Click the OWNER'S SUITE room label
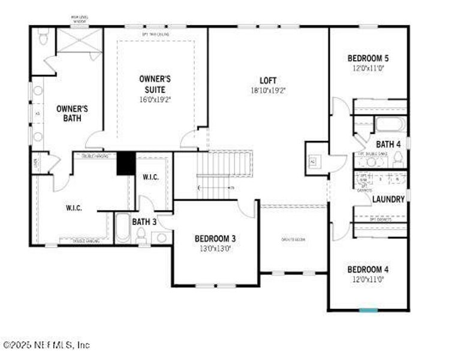point(155,84)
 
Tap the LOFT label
point(268,80)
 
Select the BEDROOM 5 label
point(368,58)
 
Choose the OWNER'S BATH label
point(72,113)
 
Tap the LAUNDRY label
point(388,199)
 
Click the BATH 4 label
point(388,144)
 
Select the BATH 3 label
point(144,222)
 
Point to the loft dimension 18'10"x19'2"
point(268,91)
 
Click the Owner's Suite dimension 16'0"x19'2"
point(155,100)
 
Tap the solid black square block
point(125,163)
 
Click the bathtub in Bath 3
point(122,229)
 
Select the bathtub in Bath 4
point(390,125)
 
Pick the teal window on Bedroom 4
point(368,310)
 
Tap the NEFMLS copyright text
point(47,345)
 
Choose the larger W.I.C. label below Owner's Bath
point(74,208)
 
